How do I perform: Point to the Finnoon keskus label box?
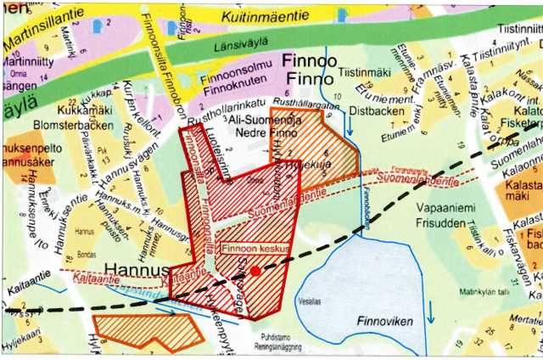tap(256, 250)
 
